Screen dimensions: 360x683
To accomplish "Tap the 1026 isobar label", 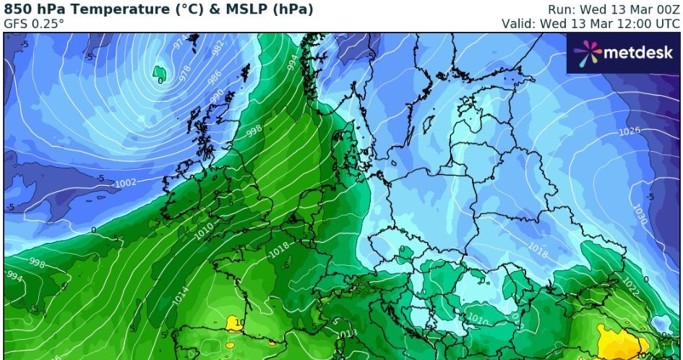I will click(x=630, y=132).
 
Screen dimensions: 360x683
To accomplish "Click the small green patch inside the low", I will click(x=160, y=72).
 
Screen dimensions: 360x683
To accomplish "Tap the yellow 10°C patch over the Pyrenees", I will click(x=235, y=322).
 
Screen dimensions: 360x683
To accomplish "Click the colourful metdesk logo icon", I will click(x=588, y=52).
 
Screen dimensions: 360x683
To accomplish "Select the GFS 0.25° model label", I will click(x=34, y=23).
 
